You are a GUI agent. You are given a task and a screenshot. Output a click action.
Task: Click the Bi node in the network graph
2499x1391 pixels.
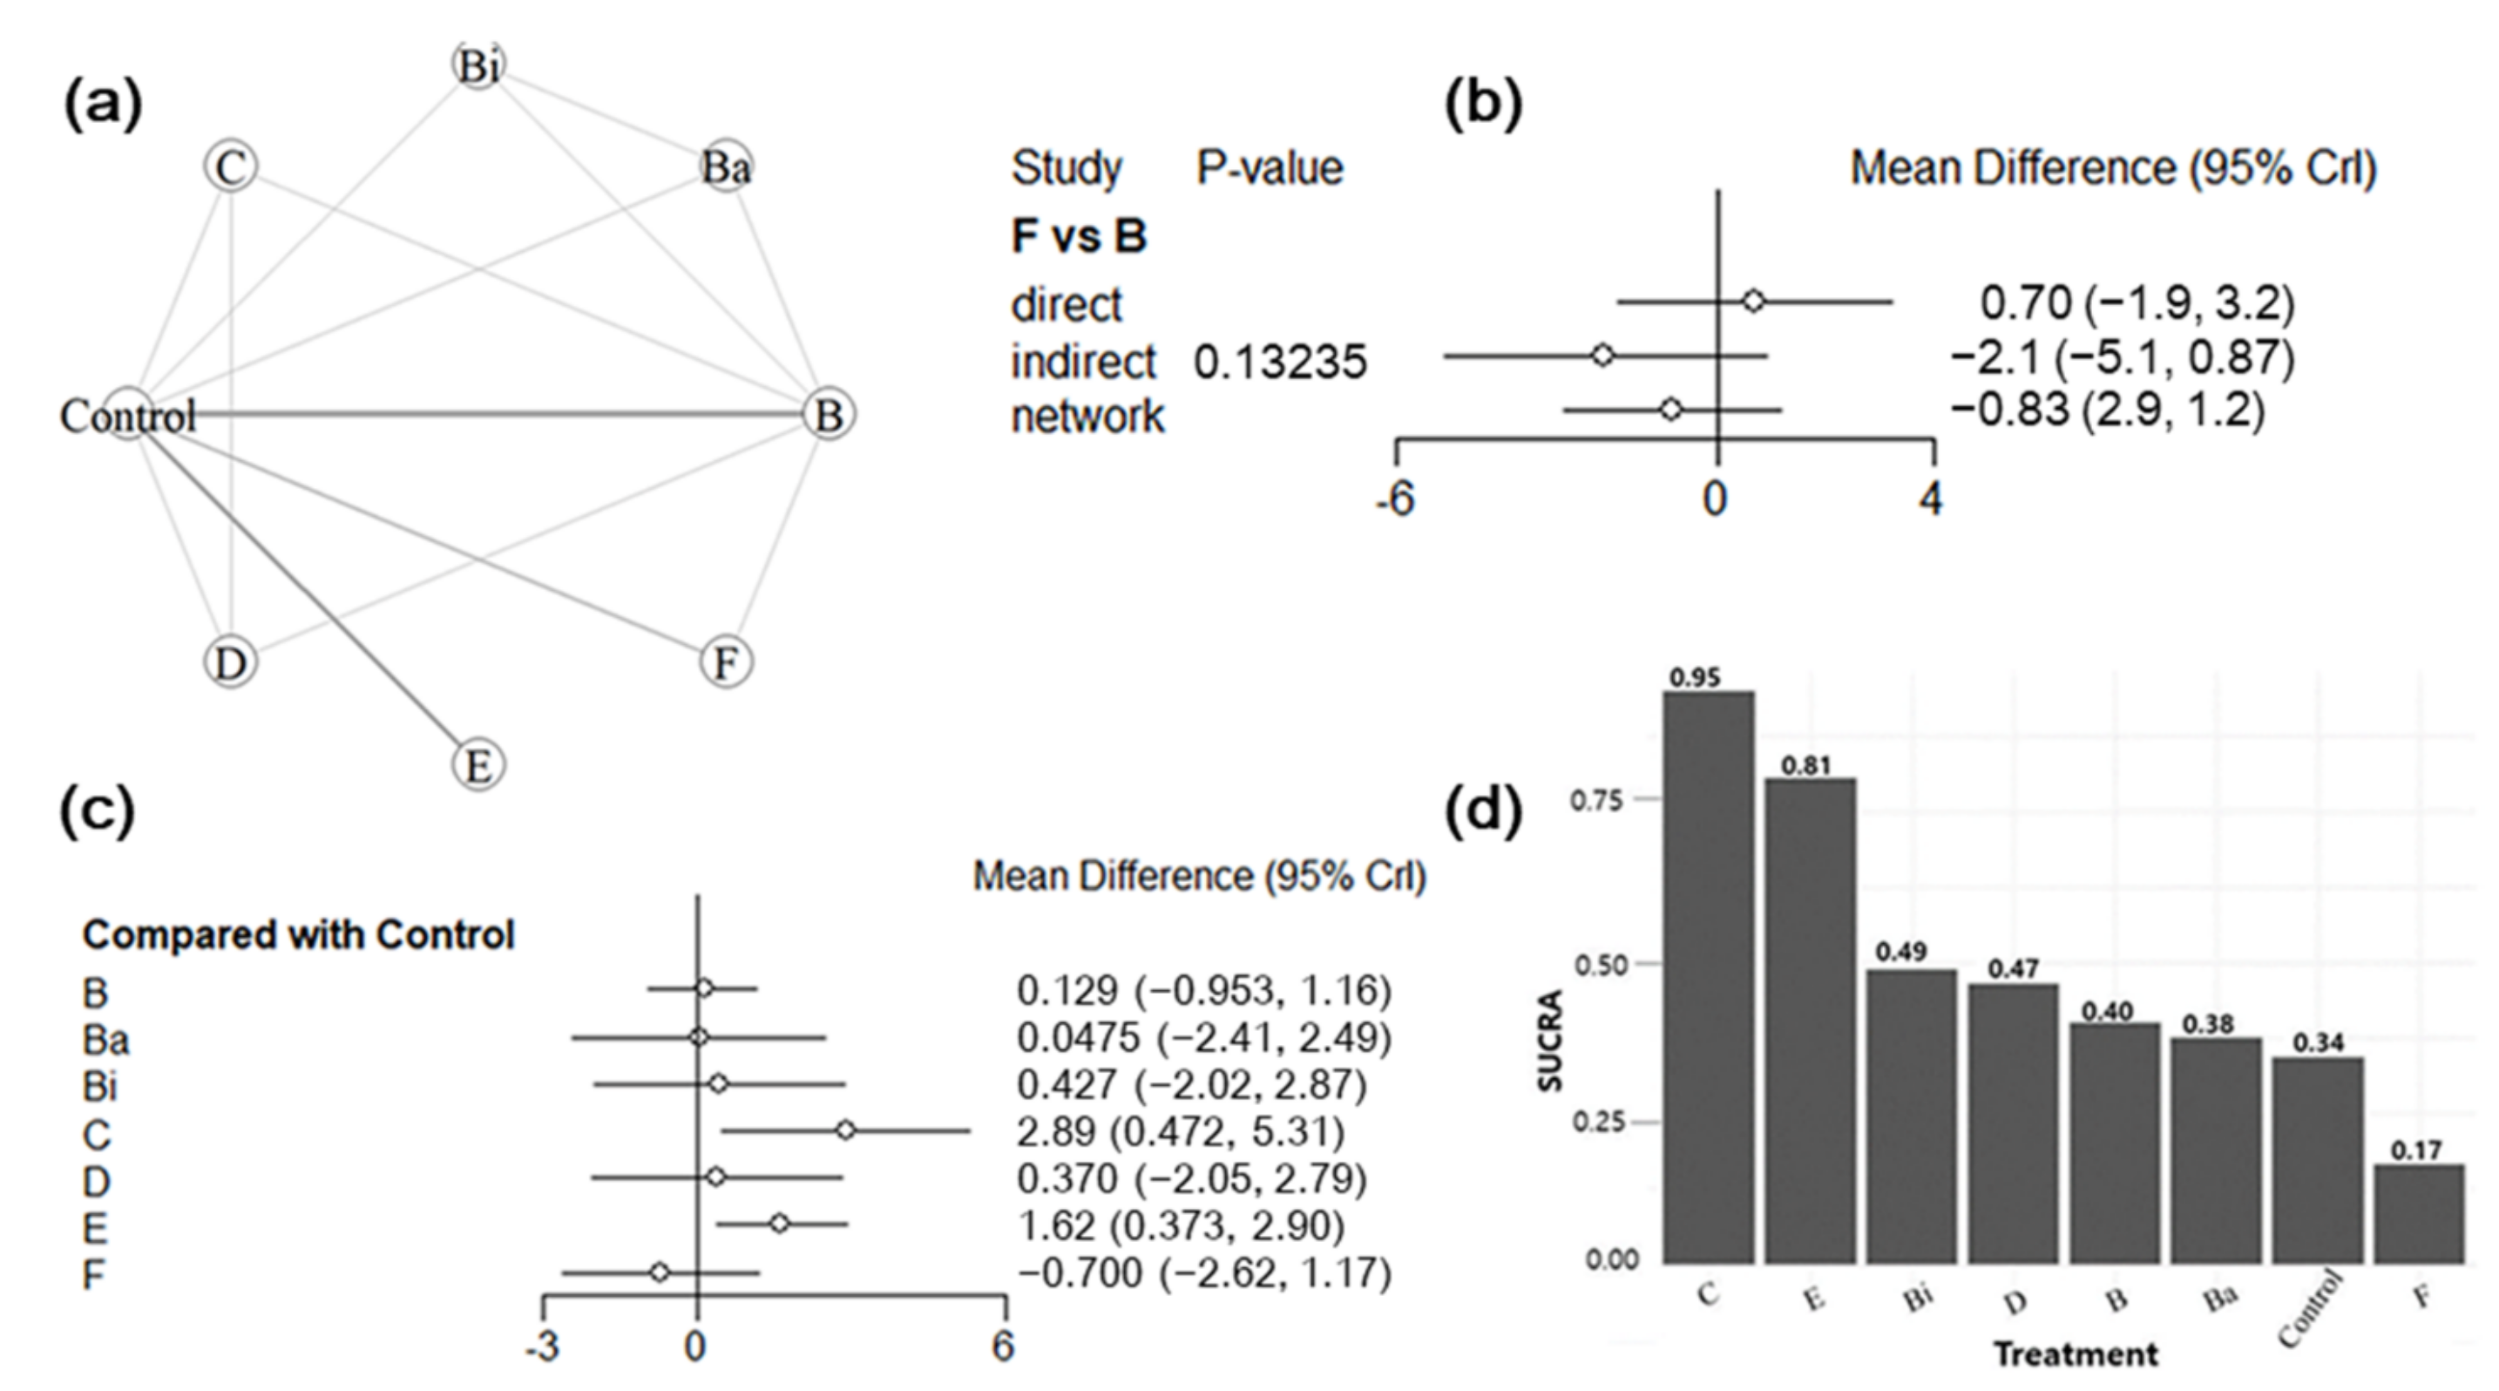pos(478,66)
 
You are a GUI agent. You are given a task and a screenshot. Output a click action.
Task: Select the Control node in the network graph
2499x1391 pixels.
pos(128,415)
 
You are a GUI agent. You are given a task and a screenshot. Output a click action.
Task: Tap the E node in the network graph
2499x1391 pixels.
pos(478,764)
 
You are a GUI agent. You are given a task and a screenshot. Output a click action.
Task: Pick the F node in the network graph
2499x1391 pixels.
pos(726,662)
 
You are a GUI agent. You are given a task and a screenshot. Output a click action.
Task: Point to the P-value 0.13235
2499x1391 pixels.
pos(1280,362)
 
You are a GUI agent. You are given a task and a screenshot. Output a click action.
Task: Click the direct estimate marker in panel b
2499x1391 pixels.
pos(1753,302)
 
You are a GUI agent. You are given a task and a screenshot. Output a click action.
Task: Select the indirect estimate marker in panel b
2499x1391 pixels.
pos(1602,356)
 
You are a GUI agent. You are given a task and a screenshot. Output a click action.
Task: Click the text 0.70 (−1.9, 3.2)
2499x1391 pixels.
pos(2137,303)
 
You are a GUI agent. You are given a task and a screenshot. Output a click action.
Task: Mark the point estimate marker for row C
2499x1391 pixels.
pos(846,1130)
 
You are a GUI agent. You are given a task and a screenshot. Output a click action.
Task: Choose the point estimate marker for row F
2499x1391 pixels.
pos(660,1272)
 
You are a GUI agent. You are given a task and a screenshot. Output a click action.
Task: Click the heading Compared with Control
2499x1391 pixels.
pos(298,935)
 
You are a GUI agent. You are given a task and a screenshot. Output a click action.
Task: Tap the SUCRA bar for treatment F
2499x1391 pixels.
pos(2419,1213)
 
